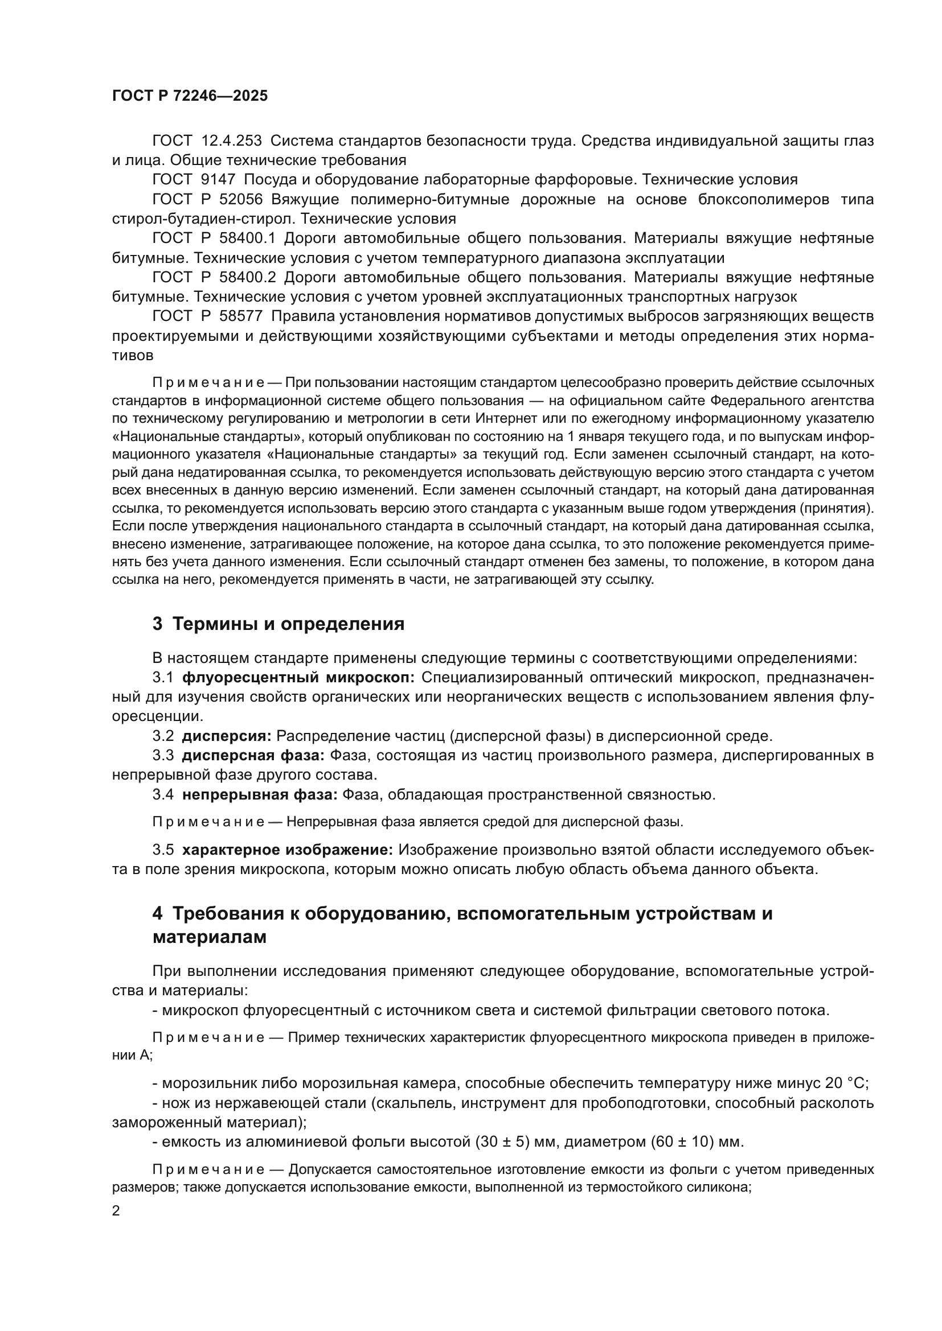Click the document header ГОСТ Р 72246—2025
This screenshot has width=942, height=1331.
pos(190,96)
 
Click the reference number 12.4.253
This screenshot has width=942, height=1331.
pos(231,141)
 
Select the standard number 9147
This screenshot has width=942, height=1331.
pos(219,180)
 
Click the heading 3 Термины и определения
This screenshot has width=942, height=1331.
pos(278,624)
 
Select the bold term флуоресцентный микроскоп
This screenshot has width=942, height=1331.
pos(298,678)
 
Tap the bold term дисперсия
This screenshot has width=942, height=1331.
pos(226,736)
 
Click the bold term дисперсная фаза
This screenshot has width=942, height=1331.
pos(253,755)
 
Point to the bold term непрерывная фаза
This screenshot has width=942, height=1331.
pos(259,794)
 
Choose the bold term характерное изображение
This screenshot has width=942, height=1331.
pos(287,850)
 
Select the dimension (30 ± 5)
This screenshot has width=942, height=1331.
pos(501,1142)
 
